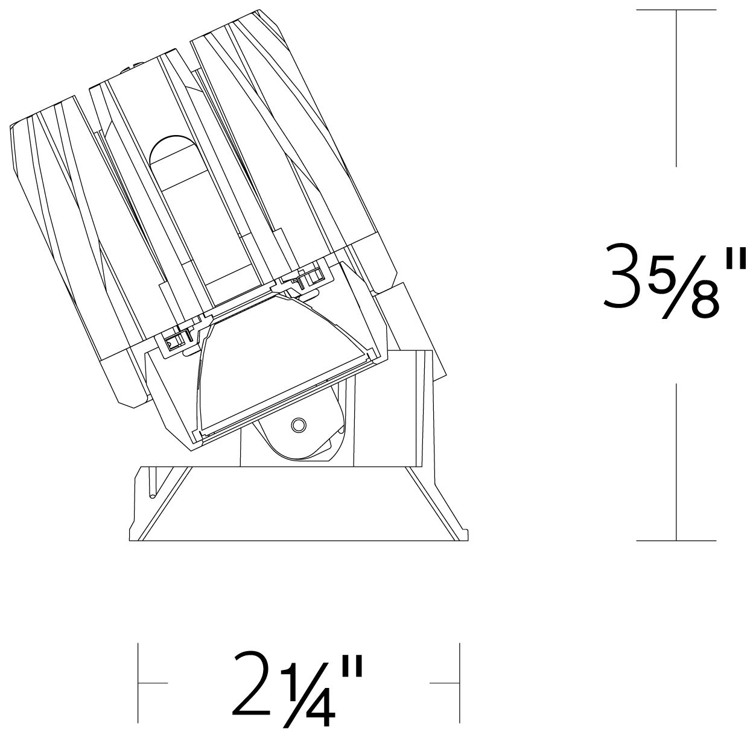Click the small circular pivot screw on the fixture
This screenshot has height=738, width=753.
299,424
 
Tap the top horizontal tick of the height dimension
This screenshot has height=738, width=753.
676,10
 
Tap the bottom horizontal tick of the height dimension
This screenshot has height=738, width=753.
676,541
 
